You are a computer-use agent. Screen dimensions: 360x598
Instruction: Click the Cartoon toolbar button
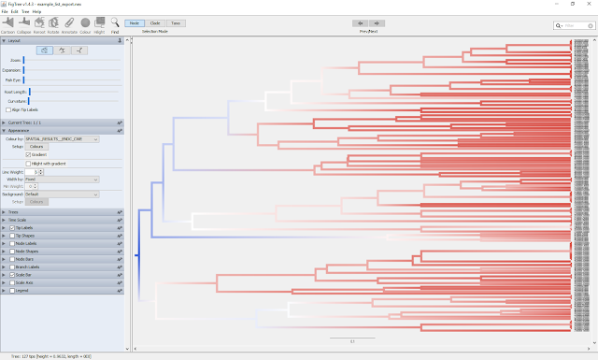click(x=7, y=22)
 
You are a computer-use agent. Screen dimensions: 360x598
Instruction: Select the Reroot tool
click(x=39, y=22)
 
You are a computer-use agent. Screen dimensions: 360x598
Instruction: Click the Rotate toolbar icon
click(x=53, y=22)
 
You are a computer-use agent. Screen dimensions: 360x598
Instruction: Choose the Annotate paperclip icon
click(x=68, y=22)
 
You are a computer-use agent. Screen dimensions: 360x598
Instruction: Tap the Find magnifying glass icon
click(x=115, y=22)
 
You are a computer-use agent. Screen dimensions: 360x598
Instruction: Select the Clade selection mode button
click(x=155, y=22)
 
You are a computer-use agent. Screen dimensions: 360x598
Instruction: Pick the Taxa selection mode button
click(x=177, y=22)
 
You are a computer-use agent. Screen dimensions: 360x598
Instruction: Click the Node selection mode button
click(x=134, y=22)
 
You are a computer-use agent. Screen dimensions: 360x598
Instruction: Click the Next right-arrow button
click(x=377, y=22)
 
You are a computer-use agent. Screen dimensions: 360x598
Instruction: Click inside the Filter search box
click(x=572, y=27)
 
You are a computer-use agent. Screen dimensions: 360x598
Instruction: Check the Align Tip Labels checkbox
click(x=8, y=109)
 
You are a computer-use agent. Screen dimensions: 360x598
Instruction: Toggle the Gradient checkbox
click(x=29, y=154)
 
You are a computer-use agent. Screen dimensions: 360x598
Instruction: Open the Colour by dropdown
click(x=67, y=138)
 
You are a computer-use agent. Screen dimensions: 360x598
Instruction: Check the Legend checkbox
click(x=12, y=290)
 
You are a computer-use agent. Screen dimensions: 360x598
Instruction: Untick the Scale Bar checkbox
click(x=12, y=274)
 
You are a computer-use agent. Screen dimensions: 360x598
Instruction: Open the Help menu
click(x=50, y=11)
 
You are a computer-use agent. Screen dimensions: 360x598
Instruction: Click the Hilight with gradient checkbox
click(x=29, y=164)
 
